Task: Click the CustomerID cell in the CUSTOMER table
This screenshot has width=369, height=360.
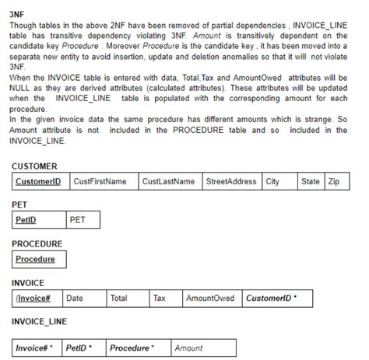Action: [x=38, y=181]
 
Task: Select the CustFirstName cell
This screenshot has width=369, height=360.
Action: [x=100, y=181]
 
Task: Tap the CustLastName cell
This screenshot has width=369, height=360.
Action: [x=168, y=181]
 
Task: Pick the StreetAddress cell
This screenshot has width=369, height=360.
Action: [x=231, y=181]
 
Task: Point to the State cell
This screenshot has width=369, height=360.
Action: [x=311, y=181]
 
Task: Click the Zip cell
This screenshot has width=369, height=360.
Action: [x=334, y=181]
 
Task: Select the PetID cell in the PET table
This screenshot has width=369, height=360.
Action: [x=26, y=220]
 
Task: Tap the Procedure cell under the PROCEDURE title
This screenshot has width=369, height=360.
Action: [x=36, y=259]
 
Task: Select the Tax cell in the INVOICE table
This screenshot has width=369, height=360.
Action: [x=160, y=298]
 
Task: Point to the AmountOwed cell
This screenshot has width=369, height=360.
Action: [x=210, y=298]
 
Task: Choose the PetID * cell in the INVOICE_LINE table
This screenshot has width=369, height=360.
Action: [x=79, y=347]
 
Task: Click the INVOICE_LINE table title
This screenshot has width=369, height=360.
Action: [x=40, y=320]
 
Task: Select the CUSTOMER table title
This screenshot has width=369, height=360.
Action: [x=35, y=166]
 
